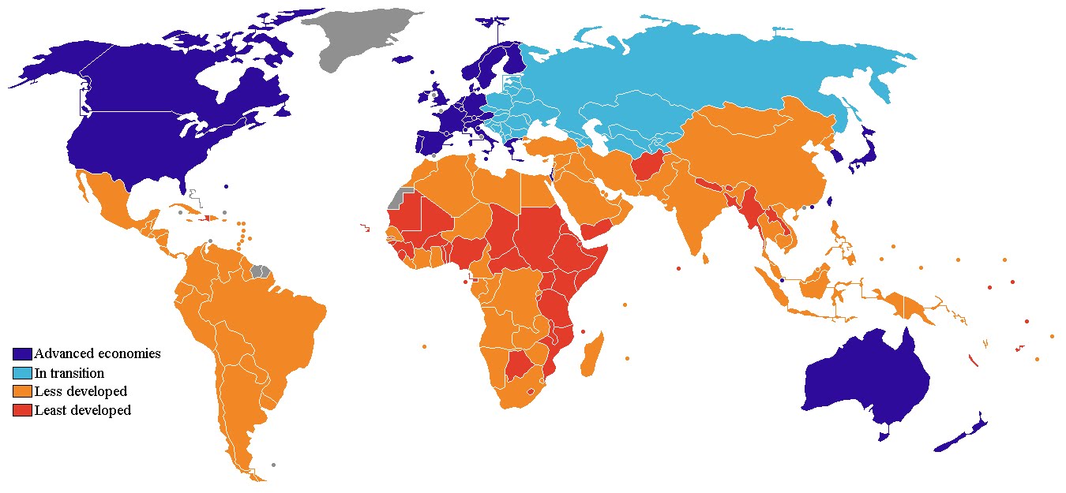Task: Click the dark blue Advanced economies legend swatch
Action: (x=22, y=354)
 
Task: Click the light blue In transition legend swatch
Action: (x=22, y=373)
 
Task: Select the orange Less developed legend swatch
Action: (x=22, y=392)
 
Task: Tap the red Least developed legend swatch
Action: (x=22, y=411)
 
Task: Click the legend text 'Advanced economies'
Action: (x=97, y=354)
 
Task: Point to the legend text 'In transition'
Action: (x=69, y=373)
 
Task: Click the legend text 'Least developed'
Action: (x=83, y=411)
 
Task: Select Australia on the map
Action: (x=865, y=379)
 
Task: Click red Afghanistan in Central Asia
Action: (x=646, y=166)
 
